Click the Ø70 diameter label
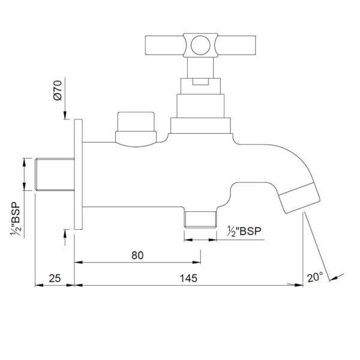tap(58, 90)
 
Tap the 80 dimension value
tap(137, 256)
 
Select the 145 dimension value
tap(188, 278)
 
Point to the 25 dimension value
tap(55, 278)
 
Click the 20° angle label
tap(315, 277)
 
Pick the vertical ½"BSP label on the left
tap(16, 219)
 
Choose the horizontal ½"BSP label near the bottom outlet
tap(244, 231)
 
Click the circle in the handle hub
tap(200, 45)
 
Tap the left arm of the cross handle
tap(164, 45)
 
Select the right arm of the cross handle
tap(236, 45)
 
